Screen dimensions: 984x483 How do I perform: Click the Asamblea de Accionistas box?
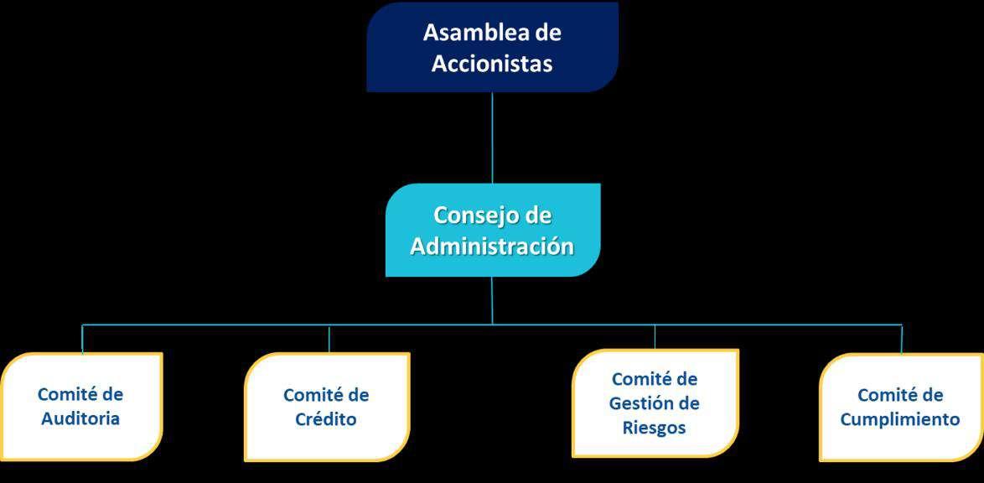pyautogui.click(x=492, y=47)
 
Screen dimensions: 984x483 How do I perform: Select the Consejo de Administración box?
pyautogui.click(x=493, y=230)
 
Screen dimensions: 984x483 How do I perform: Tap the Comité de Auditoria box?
pyautogui.click(x=81, y=408)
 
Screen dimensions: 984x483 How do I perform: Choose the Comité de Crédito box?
pyautogui.click(x=327, y=408)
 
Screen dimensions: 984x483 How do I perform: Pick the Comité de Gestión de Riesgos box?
pyautogui.click(x=655, y=403)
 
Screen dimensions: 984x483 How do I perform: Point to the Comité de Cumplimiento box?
pyautogui.click(x=900, y=408)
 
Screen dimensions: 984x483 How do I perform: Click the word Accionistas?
pyautogui.click(x=492, y=64)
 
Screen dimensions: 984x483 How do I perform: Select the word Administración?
pyautogui.click(x=493, y=247)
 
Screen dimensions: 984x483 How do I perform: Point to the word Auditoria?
pyautogui.click(x=80, y=418)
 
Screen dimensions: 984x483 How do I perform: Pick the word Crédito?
pyautogui.click(x=326, y=419)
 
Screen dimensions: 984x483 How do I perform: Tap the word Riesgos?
pyautogui.click(x=655, y=428)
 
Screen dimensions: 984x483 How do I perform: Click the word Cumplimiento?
pyautogui.click(x=900, y=419)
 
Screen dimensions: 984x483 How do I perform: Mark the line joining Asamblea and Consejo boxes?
pyautogui.click(x=493, y=138)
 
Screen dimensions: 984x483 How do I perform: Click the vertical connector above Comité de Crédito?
pyautogui.click(x=329, y=338)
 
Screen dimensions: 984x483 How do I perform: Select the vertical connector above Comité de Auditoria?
pyautogui.click(x=82, y=338)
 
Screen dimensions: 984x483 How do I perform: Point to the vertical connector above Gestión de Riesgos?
pyautogui.click(x=655, y=336)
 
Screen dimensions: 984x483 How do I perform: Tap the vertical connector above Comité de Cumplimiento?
pyautogui.click(x=902, y=339)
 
